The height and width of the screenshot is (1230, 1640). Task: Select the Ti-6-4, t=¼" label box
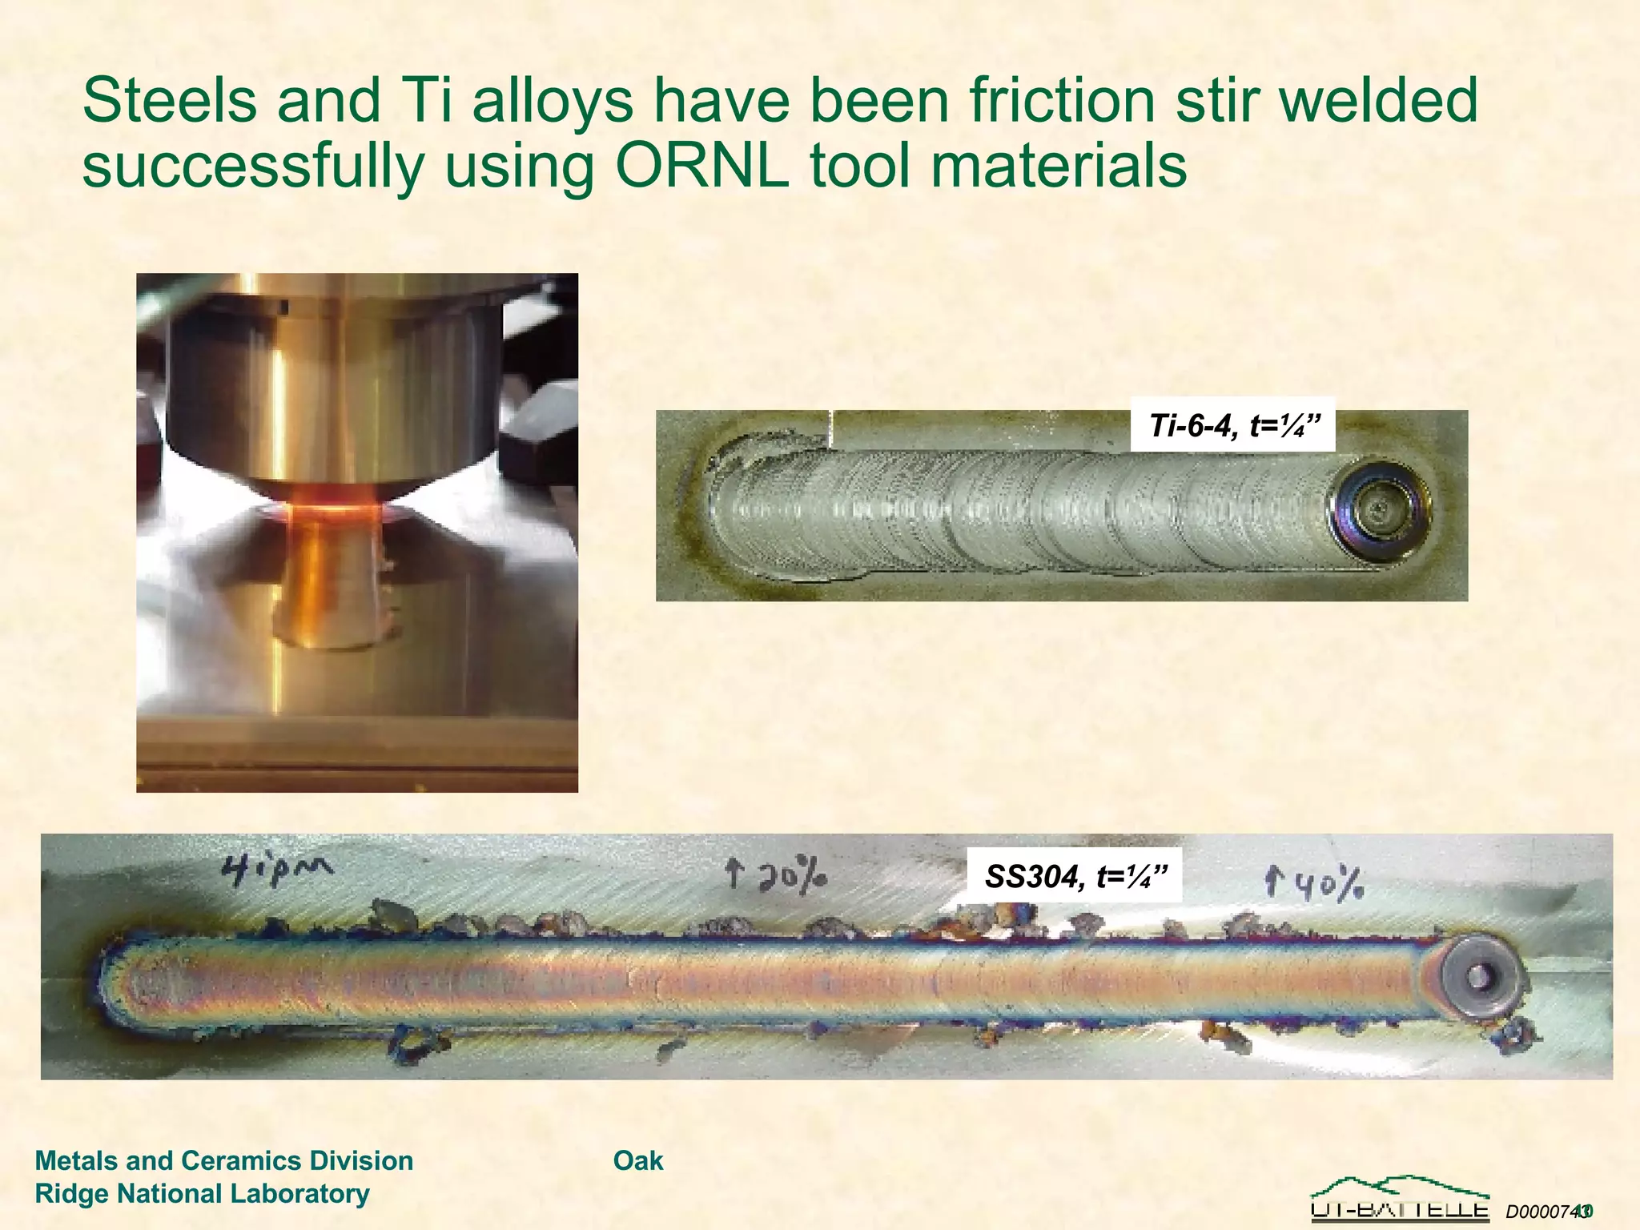click(x=1232, y=425)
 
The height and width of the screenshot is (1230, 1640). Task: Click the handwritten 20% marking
click(x=776, y=875)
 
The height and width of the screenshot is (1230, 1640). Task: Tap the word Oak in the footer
click(x=637, y=1160)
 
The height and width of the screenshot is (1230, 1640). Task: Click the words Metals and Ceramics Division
click(x=224, y=1160)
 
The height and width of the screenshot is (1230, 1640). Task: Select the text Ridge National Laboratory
click(x=202, y=1193)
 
